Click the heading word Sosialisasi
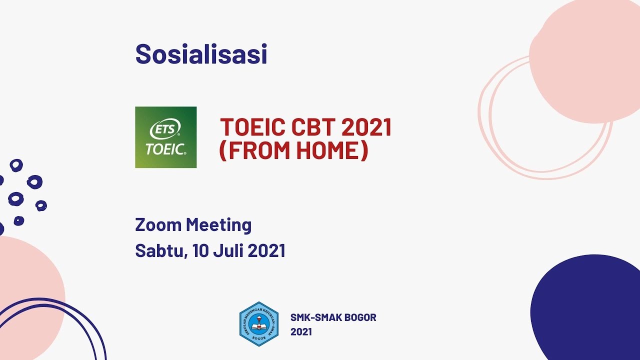click(x=201, y=54)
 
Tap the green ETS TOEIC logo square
click(x=165, y=137)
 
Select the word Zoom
click(x=158, y=225)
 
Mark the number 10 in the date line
click(x=201, y=250)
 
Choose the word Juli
click(x=228, y=250)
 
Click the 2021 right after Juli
click(x=266, y=250)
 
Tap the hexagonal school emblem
click(x=258, y=324)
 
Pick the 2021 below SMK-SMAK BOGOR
click(x=301, y=332)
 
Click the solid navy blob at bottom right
click(x=590, y=310)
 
